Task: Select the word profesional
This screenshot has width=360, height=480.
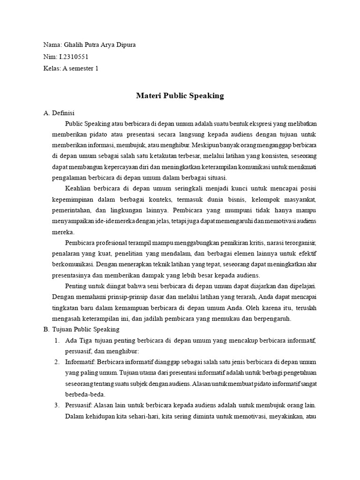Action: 117,243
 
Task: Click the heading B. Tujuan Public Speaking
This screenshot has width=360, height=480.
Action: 81,330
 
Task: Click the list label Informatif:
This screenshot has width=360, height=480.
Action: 81,362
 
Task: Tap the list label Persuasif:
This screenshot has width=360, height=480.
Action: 80,405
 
